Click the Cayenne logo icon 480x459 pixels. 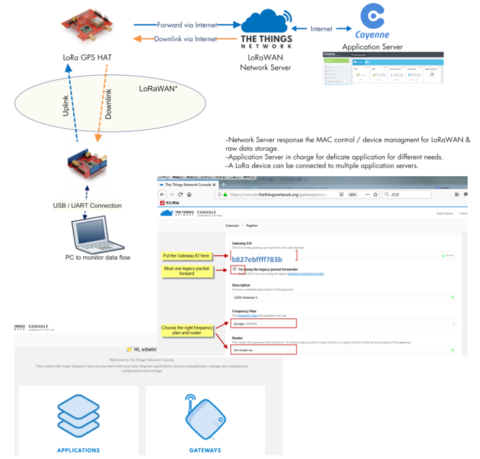(372, 15)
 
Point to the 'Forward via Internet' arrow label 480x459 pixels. (186, 25)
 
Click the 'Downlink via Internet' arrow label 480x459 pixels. (186, 39)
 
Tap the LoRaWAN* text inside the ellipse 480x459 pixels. (158, 89)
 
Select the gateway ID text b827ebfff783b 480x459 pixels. (257, 259)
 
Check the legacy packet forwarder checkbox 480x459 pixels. (235, 269)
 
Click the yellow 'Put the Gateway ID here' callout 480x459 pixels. (186, 255)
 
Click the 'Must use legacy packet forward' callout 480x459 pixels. (186, 271)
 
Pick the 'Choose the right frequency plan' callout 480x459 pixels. (188, 331)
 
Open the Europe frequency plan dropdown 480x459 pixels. (343, 323)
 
